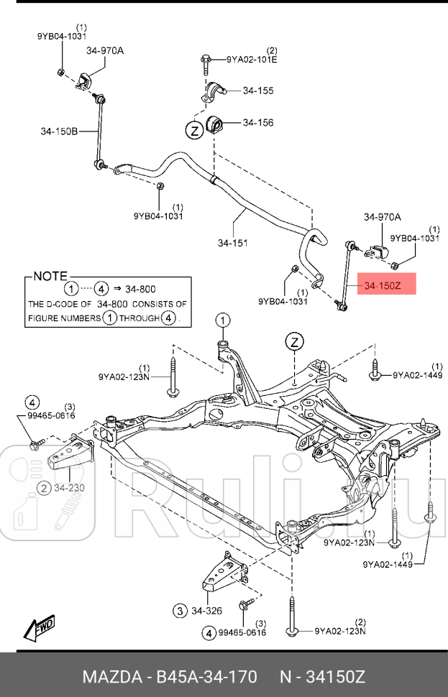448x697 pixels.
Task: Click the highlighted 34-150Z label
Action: [x=387, y=286]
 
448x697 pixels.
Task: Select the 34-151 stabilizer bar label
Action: [x=232, y=243]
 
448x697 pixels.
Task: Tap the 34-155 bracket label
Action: [x=257, y=91]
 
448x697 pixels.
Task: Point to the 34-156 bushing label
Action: [x=257, y=123]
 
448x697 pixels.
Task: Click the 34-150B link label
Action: [x=59, y=131]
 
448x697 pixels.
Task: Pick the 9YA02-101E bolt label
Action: [x=252, y=60]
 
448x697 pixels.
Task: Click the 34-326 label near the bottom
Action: [x=206, y=611]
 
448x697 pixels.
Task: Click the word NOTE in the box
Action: [x=50, y=276]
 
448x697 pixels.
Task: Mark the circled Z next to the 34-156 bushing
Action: [x=193, y=130]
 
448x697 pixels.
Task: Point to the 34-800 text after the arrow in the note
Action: [x=140, y=289]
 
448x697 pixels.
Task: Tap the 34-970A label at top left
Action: [x=105, y=50]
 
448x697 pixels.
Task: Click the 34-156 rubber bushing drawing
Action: [x=216, y=124]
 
